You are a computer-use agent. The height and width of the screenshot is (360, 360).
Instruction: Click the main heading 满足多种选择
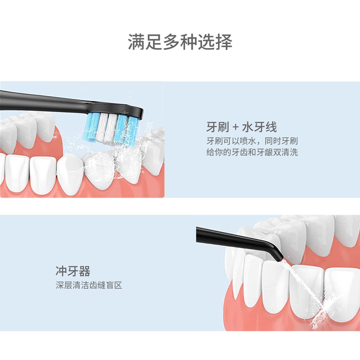click(180, 43)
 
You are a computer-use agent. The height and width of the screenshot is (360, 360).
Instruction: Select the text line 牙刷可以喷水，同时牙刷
click(252, 140)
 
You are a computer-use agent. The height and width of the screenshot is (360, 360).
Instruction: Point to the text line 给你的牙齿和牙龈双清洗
click(252, 152)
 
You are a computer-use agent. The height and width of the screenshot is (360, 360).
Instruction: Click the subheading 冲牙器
click(73, 271)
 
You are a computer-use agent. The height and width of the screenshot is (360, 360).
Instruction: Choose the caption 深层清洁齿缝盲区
click(89, 285)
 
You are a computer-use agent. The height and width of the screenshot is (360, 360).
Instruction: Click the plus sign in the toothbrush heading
click(233, 126)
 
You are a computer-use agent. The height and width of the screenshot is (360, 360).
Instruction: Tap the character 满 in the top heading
click(136, 43)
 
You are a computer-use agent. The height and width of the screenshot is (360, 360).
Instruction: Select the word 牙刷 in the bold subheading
click(216, 126)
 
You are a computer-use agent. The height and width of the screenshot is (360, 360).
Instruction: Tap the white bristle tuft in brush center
click(102, 128)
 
